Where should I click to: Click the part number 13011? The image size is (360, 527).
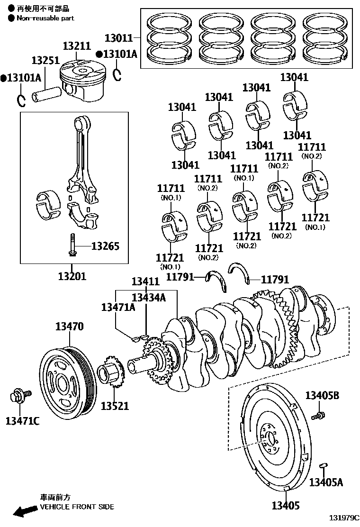119,37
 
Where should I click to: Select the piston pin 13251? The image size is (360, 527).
45,92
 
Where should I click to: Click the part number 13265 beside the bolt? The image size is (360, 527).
105,246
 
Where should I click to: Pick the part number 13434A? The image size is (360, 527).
149,297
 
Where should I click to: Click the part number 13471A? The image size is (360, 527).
118,307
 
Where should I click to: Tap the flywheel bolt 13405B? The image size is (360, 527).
318,416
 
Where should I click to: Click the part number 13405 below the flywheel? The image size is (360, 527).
286,506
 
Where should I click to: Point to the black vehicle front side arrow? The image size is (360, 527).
25,511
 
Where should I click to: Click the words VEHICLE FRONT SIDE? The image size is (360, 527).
77,507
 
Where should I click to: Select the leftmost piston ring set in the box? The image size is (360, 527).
170,39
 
